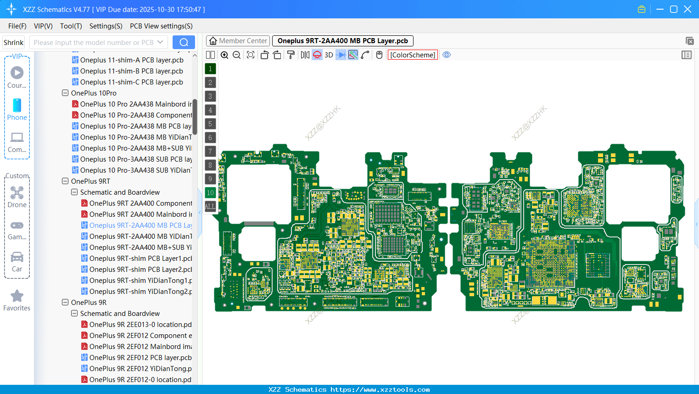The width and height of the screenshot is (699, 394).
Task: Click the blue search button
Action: click(x=184, y=42)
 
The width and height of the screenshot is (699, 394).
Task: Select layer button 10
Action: click(x=210, y=193)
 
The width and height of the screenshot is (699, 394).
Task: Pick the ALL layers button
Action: click(x=210, y=207)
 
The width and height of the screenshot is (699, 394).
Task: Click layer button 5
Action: click(x=210, y=124)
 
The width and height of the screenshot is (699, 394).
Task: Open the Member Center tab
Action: click(x=238, y=41)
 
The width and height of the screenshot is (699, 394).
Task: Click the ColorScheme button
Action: click(x=413, y=55)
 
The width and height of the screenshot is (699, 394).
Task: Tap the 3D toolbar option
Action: click(x=329, y=55)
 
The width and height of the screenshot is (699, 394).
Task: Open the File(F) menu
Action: click(x=17, y=26)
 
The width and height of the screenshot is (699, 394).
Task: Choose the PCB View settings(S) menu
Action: click(x=161, y=26)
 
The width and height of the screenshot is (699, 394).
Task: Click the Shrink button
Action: click(x=14, y=43)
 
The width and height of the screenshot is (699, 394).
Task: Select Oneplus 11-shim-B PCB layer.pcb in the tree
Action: click(x=131, y=71)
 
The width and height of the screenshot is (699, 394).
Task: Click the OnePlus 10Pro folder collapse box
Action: click(x=65, y=93)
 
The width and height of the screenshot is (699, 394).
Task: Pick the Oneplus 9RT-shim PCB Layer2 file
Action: click(x=140, y=270)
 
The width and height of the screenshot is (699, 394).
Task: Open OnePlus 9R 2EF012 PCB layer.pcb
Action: click(x=140, y=358)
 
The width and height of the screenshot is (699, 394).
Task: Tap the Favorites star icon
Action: click(x=17, y=296)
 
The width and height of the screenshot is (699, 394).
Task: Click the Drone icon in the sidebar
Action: click(x=17, y=193)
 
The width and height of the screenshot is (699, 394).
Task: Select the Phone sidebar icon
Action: click(x=17, y=106)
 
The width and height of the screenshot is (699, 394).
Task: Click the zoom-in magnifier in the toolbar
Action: click(x=224, y=55)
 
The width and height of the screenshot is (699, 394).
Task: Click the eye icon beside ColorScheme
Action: click(x=447, y=55)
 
